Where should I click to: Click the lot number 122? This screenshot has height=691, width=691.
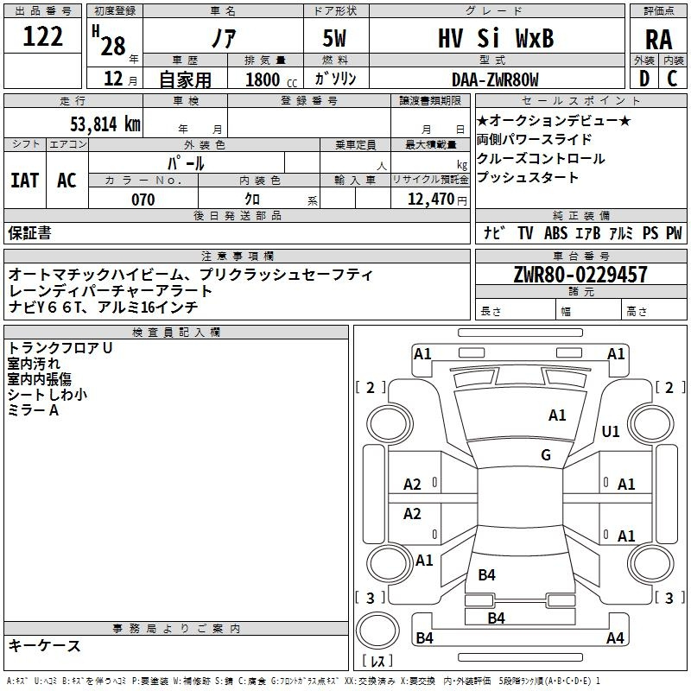click(42, 35)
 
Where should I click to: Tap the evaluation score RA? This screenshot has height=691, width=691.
click(659, 40)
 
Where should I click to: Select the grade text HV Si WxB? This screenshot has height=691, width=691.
click(496, 38)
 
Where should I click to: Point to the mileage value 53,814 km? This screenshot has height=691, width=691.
click(105, 124)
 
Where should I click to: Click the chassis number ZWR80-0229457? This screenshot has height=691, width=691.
click(580, 275)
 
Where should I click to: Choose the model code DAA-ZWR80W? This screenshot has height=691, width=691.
click(495, 79)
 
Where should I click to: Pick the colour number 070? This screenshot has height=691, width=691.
click(143, 200)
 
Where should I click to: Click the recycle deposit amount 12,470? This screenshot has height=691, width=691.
click(430, 199)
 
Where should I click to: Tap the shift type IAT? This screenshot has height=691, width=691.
click(25, 180)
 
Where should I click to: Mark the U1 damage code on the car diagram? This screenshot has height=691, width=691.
click(611, 431)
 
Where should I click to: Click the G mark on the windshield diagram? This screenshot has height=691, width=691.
click(546, 454)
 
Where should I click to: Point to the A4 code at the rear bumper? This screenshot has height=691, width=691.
click(615, 637)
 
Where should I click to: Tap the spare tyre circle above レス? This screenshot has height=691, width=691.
click(377, 631)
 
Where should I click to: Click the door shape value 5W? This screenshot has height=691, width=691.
click(334, 38)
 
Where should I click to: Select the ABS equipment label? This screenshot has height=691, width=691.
click(555, 233)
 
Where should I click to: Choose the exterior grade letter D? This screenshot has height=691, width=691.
click(644, 79)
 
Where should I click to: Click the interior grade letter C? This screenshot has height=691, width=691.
click(672, 79)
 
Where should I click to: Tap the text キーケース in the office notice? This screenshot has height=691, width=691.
click(45, 646)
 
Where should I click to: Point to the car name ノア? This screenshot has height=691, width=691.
click(224, 38)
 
